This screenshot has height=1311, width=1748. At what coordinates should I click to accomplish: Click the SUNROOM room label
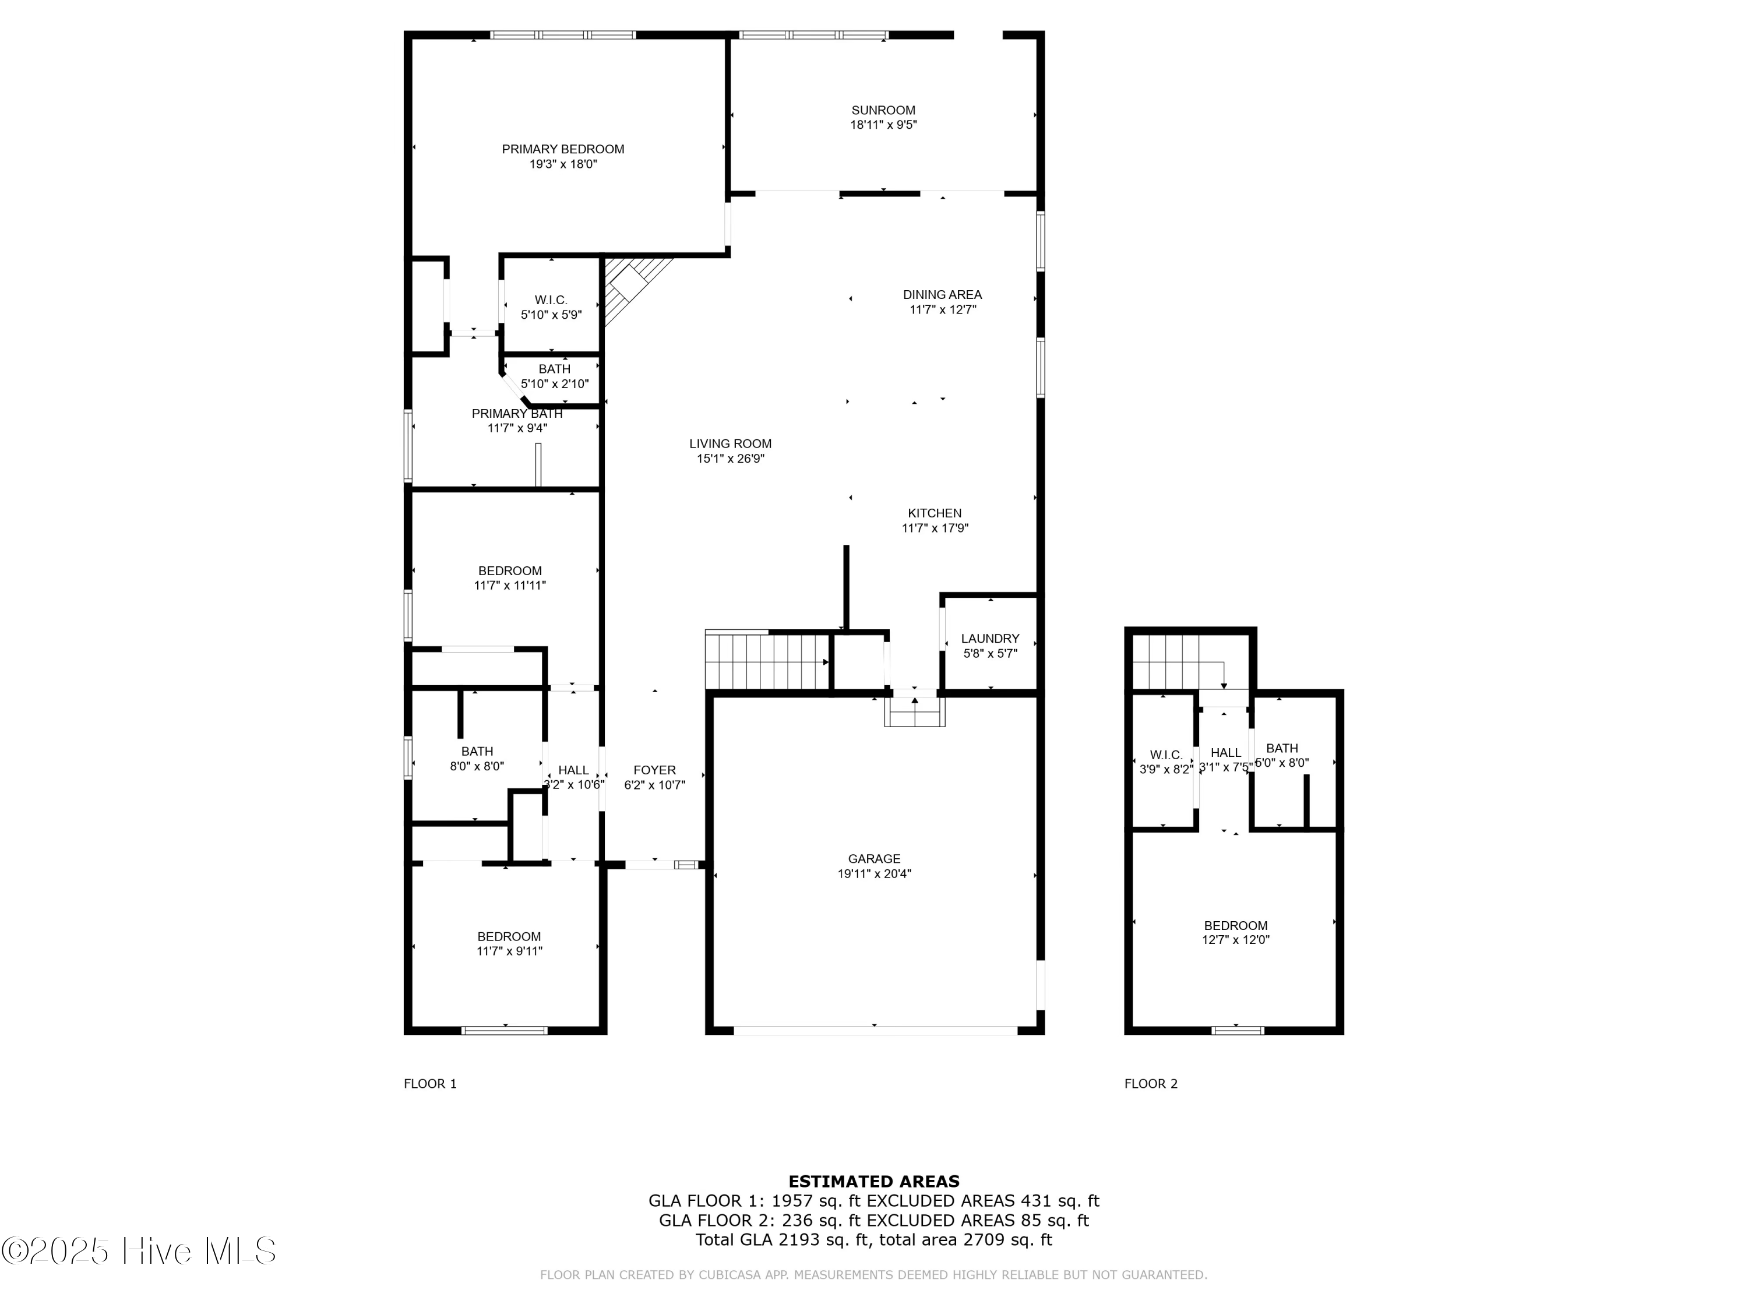[x=883, y=110]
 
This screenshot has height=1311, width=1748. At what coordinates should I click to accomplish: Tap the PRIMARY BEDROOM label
[x=563, y=149]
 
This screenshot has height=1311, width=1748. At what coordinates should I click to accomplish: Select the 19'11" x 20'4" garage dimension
[x=874, y=873]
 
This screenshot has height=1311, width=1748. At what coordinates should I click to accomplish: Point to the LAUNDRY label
[x=989, y=637]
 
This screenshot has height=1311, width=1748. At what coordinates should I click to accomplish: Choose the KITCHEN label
[x=934, y=513]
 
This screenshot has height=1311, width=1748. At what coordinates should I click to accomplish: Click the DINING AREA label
[x=942, y=294]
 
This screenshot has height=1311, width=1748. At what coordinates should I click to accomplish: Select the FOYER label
[x=654, y=770]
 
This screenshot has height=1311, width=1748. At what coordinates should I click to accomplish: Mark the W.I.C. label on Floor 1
[x=551, y=299]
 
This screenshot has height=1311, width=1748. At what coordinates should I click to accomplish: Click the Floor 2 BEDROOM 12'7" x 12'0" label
[x=1235, y=925]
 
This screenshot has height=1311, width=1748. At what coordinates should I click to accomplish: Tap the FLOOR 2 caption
[x=1151, y=1083]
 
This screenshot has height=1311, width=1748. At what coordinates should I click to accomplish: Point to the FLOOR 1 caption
[x=430, y=1083]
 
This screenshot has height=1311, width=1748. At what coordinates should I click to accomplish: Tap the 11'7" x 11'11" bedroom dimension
[x=510, y=586]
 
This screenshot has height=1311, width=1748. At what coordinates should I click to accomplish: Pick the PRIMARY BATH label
[x=517, y=413]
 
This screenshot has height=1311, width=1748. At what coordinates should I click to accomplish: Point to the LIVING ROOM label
[x=730, y=443]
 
